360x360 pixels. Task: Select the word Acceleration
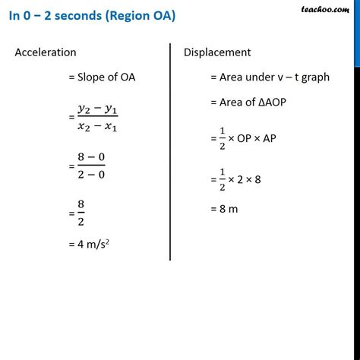pos(46,52)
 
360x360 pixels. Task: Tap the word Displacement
pos(217,52)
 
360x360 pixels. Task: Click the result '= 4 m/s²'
pos(95,245)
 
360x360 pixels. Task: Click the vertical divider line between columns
pos(170,152)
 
